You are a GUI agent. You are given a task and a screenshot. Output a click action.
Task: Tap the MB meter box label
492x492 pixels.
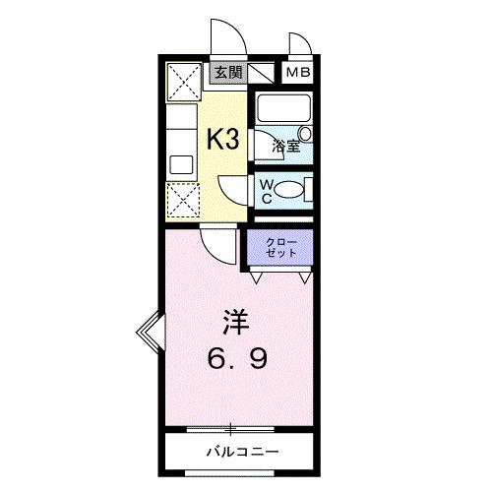pyautogui.click(x=296, y=72)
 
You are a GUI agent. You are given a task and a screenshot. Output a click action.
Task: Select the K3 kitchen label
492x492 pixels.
pyautogui.click(x=222, y=139)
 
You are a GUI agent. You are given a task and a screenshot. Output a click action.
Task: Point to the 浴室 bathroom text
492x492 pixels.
pyautogui.click(x=284, y=147)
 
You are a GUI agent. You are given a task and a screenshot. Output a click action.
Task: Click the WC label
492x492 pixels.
pyautogui.click(x=267, y=189)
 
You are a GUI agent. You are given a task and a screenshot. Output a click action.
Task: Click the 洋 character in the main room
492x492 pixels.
pyautogui.click(x=234, y=321)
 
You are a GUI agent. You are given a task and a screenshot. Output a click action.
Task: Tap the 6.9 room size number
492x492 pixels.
pyautogui.click(x=235, y=359)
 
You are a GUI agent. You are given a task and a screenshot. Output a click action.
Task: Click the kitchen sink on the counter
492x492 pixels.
pyautogui.click(x=180, y=162)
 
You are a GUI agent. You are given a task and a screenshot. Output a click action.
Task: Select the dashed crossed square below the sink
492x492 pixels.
pyautogui.click(x=181, y=202)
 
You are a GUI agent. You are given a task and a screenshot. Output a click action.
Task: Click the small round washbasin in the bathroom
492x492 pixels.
pyautogui.click(x=304, y=132)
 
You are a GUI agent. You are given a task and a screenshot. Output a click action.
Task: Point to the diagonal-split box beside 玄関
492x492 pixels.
pyautogui.click(x=261, y=73)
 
